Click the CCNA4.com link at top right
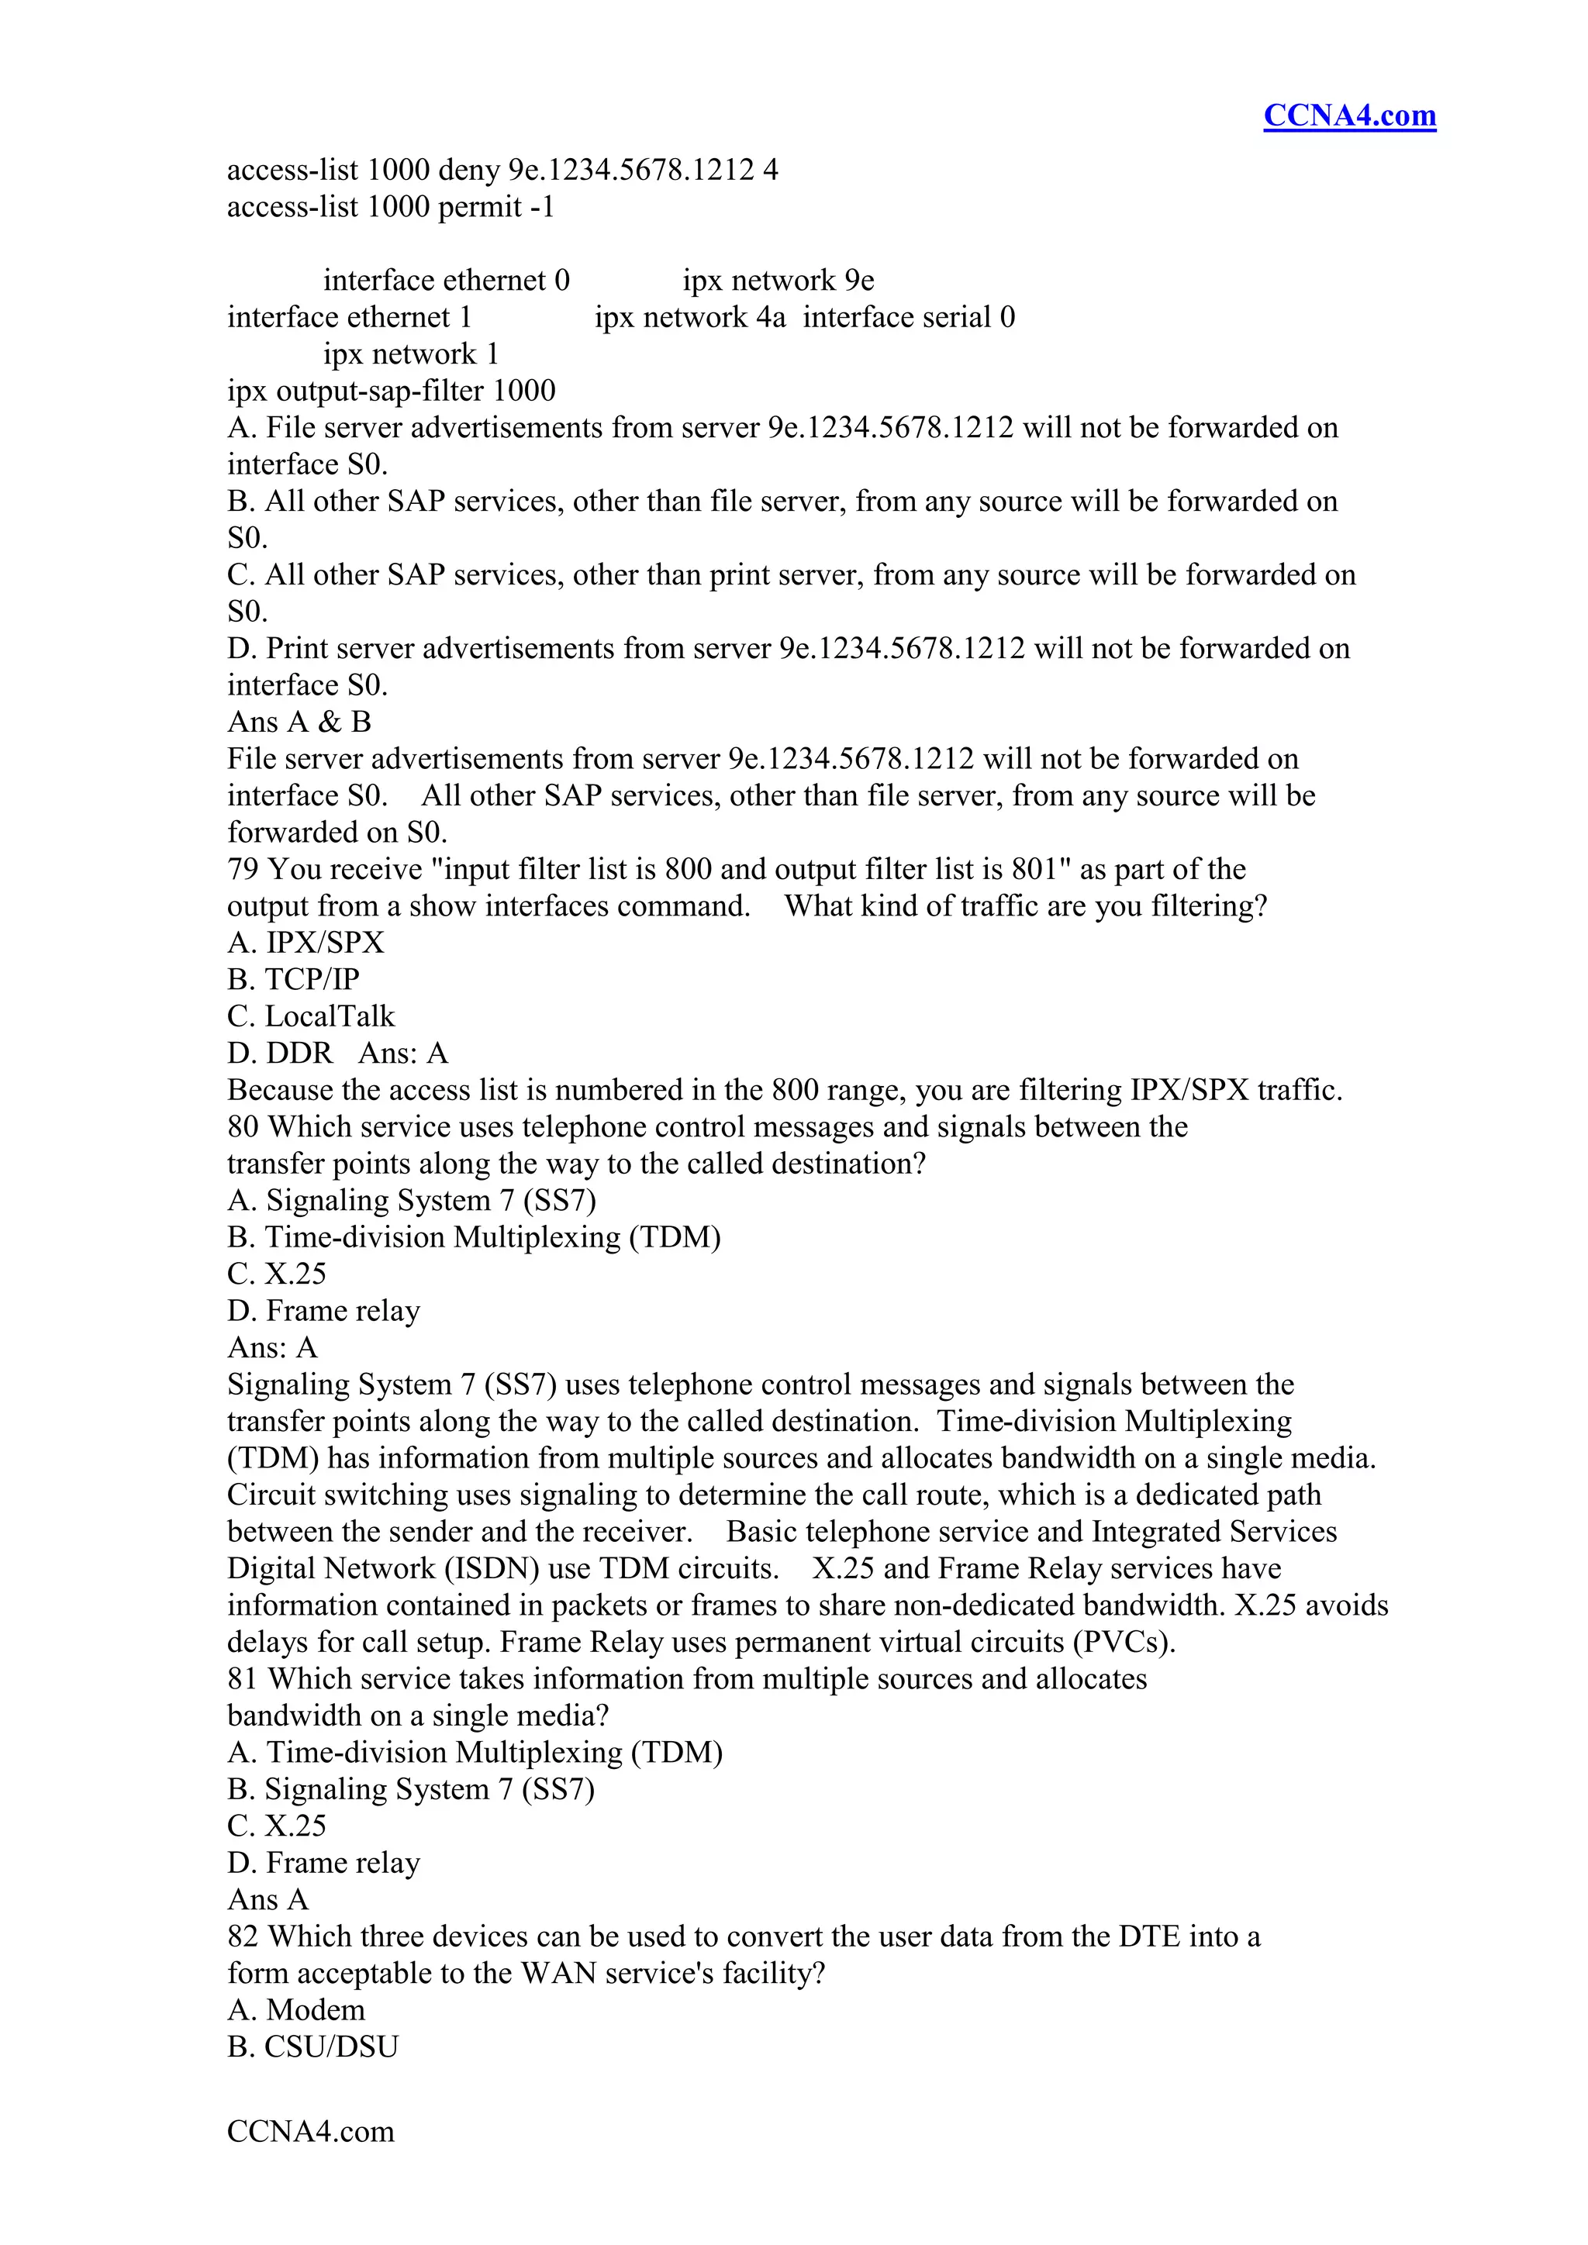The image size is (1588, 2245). [1348, 116]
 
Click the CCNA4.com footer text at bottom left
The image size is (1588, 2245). [310, 2130]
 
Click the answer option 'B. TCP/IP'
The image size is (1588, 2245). [293, 980]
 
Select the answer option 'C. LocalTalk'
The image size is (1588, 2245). [311, 1016]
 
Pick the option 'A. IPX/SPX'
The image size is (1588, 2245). [306, 943]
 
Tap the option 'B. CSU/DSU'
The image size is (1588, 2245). [313, 2047]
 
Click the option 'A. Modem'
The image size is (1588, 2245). [296, 2009]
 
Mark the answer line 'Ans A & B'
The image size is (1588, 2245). [299, 722]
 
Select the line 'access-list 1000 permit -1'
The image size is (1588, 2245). [391, 207]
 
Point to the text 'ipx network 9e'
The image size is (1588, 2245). [778, 281]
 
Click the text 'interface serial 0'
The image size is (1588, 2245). [909, 318]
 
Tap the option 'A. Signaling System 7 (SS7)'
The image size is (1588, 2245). [412, 1200]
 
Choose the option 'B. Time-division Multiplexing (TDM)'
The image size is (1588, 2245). [475, 1237]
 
